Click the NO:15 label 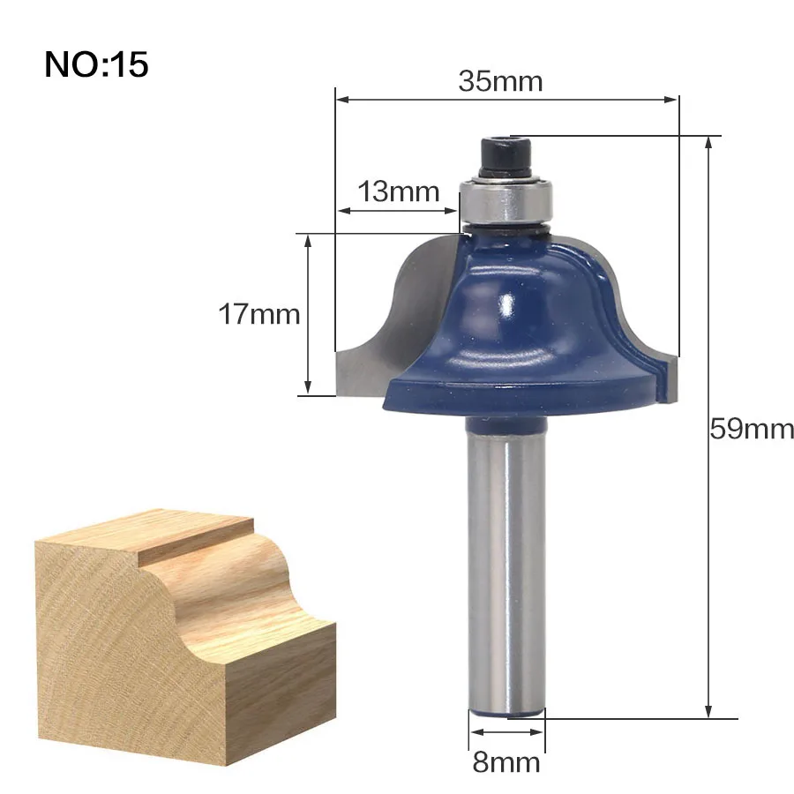[96, 64]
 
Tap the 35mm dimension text [500, 81]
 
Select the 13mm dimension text [399, 192]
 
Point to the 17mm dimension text [258, 314]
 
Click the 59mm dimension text [752, 429]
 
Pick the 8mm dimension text [506, 762]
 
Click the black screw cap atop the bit [505, 156]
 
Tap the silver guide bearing [506, 200]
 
